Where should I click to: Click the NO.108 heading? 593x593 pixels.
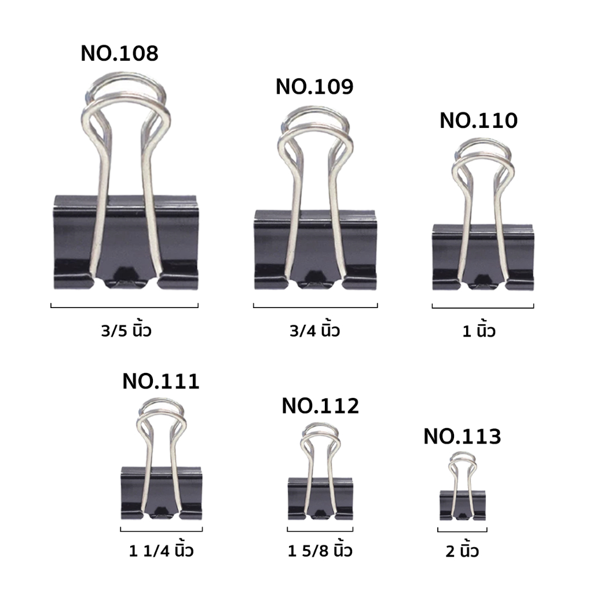[119, 53]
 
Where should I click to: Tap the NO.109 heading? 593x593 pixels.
[314, 87]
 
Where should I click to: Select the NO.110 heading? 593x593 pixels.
[478, 120]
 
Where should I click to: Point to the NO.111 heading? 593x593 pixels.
[161, 381]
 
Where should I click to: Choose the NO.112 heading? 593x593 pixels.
[320, 406]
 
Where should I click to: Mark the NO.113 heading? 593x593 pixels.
[462, 437]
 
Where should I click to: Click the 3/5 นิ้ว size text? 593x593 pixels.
[126, 330]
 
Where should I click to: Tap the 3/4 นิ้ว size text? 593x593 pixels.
[314, 330]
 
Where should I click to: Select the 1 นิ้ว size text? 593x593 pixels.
[479, 330]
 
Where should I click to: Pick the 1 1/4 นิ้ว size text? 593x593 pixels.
[161, 550]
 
